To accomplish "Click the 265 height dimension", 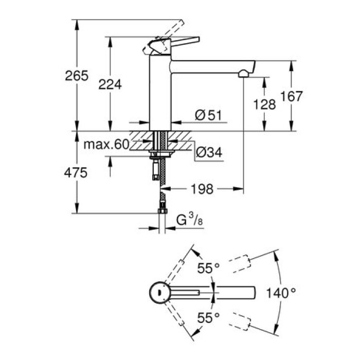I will point(77,76).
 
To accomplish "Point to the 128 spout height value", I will point(265,104).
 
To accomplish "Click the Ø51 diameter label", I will point(208,116).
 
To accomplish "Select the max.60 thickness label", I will point(105,145).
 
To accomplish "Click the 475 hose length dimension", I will point(76,173).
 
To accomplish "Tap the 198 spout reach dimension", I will point(202,189).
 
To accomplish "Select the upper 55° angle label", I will point(209,268).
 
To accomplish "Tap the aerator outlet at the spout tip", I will point(243,75).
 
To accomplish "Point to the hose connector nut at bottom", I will point(162,210).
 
